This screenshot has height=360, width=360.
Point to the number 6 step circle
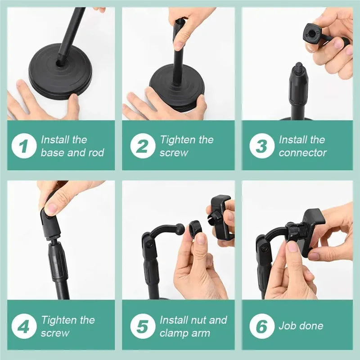(261, 327)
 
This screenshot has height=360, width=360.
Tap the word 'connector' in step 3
(302, 153)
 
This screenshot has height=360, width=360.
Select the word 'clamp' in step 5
(172, 333)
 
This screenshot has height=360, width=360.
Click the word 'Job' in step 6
(287, 326)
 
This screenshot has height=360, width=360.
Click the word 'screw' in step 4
(55, 333)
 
